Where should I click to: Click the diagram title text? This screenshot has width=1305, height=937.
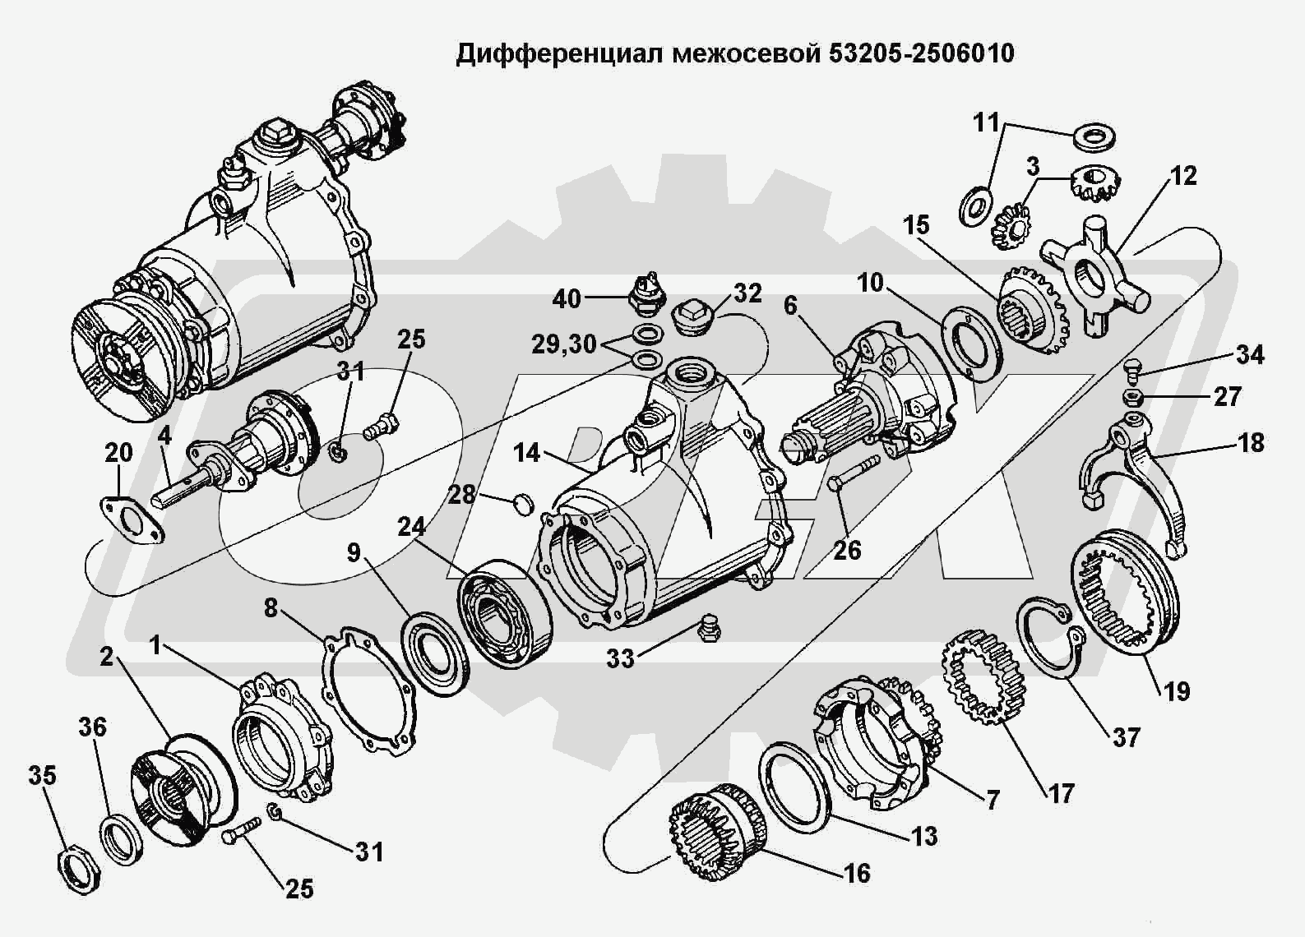[735, 53]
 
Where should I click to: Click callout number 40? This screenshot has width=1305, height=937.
[567, 298]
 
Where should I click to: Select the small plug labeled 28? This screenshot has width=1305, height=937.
[521, 502]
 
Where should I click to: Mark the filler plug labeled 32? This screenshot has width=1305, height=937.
[692, 316]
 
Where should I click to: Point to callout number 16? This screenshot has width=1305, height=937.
[857, 873]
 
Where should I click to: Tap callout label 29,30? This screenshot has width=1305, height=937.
[563, 344]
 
